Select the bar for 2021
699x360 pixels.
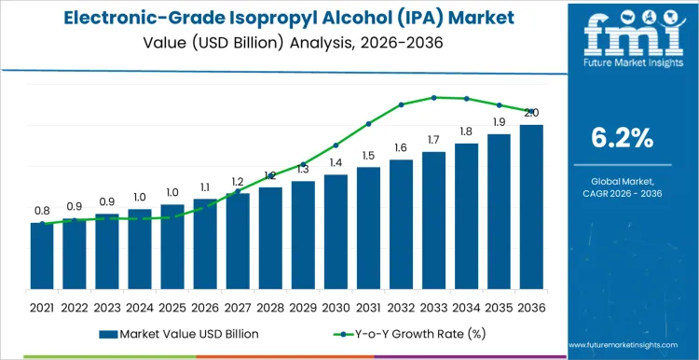(x=42, y=256)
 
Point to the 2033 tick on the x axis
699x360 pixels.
(x=433, y=306)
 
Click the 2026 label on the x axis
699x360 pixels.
(x=205, y=306)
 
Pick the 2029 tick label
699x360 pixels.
(x=303, y=306)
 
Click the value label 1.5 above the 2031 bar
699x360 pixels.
(x=368, y=156)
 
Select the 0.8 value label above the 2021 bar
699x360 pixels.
(x=42, y=211)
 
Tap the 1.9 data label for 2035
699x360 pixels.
(x=499, y=122)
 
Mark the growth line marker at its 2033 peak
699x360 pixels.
(x=433, y=97)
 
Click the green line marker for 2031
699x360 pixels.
(x=368, y=123)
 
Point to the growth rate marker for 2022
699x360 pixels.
(x=75, y=220)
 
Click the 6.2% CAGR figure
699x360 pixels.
(x=623, y=138)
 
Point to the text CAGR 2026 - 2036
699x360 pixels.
(x=623, y=192)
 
